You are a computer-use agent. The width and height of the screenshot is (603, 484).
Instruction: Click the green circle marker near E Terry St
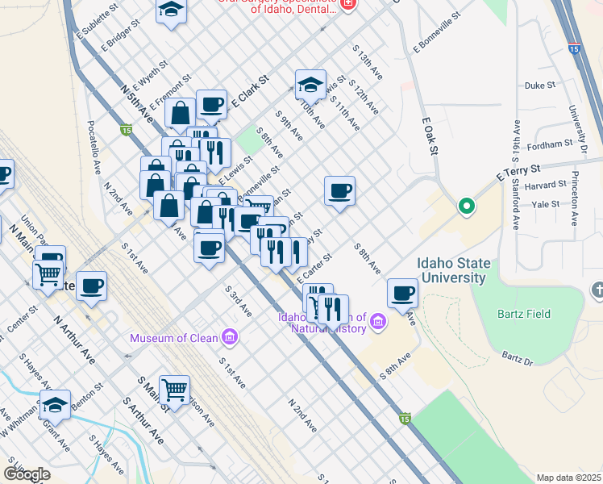pos(466,207)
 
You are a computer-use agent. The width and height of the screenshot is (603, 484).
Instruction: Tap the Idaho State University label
pos(451,270)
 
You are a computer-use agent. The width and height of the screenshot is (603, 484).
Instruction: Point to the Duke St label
pos(540,85)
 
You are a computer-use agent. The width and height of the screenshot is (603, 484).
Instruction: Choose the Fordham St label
pos(548,146)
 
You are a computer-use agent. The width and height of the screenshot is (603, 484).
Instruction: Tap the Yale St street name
pos(545,205)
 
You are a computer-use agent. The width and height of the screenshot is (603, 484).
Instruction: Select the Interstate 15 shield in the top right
pos(572,48)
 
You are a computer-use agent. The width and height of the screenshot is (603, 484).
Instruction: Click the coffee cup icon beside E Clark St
pos(211,105)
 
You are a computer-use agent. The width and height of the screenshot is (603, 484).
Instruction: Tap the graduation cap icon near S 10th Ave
pos(310,83)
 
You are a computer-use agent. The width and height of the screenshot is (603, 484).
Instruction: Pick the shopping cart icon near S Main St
pos(174,390)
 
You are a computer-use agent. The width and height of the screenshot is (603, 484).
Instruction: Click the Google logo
pos(27,474)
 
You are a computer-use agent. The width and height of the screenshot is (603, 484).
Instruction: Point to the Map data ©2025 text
pos(568,478)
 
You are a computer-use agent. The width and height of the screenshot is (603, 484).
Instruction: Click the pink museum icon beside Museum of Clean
pos(230,336)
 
